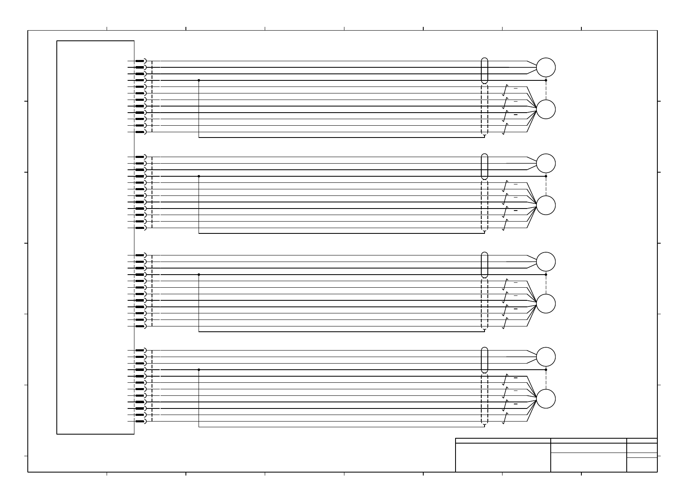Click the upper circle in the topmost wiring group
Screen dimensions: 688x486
click(545, 68)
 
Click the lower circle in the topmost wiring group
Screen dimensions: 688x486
click(545, 109)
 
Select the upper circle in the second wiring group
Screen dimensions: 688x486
click(545, 164)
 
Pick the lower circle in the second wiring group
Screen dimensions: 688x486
click(545, 205)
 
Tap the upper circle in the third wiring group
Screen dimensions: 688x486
click(545, 262)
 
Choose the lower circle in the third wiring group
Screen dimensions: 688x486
click(545, 304)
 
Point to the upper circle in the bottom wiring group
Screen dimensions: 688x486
click(545, 357)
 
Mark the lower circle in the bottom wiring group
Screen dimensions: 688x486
click(545, 399)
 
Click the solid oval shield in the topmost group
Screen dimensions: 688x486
click(485, 71)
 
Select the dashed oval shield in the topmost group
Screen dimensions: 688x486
click(485, 109)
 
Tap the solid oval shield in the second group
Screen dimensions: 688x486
click(485, 166)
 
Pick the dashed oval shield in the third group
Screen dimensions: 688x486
click(485, 304)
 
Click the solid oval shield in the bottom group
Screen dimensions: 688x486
click(485, 360)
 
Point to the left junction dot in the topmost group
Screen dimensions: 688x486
click(199, 80)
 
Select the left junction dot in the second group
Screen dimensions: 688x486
click(199, 176)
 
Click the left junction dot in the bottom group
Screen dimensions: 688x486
click(199, 370)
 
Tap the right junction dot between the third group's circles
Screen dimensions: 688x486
click(546, 275)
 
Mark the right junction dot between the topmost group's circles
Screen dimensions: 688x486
click(546, 80)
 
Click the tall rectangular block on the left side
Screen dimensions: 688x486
click(96, 237)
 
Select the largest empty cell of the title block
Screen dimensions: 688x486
click(503, 457)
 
